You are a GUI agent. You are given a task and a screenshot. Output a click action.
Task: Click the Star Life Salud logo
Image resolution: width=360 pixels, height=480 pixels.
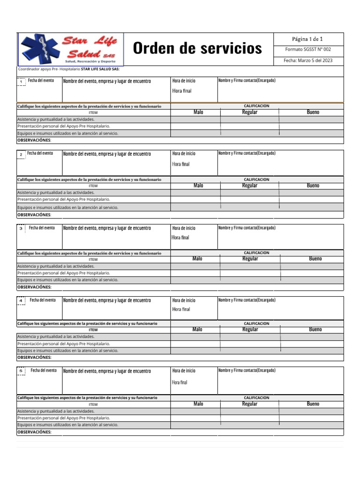[70, 49]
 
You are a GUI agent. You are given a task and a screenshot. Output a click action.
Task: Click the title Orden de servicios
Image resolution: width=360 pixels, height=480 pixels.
[197, 48]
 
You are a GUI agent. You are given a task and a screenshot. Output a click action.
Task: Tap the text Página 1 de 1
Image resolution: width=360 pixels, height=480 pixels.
[307, 39]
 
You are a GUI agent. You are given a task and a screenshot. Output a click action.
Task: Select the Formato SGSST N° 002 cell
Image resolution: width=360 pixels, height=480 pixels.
[308, 49]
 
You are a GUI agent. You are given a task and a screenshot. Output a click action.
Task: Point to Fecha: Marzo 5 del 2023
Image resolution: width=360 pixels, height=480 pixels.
[308, 60]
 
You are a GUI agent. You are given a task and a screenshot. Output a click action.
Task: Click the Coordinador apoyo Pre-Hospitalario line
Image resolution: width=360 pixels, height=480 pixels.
[68, 69]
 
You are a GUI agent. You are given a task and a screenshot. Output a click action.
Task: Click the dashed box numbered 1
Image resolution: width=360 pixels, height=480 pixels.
[21, 82]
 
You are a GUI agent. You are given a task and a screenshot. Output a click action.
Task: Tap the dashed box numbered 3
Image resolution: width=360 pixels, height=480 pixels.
[21, 228]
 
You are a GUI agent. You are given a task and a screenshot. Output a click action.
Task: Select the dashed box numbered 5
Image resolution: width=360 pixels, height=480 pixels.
[21, 371]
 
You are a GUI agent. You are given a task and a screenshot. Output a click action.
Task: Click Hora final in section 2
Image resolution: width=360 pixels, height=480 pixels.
[181, 164]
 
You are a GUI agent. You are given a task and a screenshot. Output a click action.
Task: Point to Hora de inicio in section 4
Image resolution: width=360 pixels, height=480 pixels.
[184, 300]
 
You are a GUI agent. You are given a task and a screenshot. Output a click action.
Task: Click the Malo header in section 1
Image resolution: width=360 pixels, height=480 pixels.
[198, 112]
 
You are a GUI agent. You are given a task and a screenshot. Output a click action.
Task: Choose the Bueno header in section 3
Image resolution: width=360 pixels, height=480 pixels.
[315, 259]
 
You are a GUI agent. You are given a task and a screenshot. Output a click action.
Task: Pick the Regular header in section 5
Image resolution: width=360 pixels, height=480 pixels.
[249, 404]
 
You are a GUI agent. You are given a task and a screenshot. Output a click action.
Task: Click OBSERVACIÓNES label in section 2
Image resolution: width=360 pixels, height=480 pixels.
[34, 215]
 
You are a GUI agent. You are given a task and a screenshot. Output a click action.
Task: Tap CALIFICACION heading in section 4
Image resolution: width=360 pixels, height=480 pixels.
[256, 323]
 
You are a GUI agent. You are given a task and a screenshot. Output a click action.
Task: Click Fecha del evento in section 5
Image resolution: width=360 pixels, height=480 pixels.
[44, 370]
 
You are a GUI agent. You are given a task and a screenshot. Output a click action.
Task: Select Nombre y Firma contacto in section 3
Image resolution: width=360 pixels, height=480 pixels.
[247, 228]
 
